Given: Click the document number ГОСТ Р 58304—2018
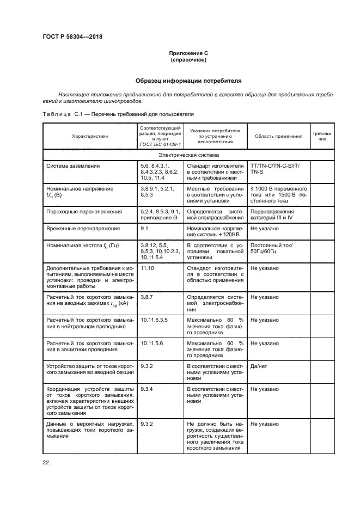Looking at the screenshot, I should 72,37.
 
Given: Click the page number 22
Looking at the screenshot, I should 46,463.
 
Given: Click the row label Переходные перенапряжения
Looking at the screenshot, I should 84,211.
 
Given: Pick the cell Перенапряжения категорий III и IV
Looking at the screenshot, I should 272,214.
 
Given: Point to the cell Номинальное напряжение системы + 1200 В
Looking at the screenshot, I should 215,232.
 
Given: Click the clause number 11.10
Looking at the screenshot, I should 147,268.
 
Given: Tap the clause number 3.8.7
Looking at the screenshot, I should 147,297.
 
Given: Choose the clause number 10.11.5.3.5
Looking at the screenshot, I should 154,320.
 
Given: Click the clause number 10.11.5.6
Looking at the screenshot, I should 151,344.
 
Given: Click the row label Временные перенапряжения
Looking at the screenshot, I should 83,229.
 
